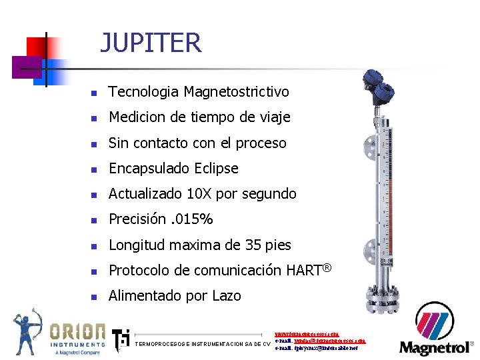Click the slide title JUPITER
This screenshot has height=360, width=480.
tap(151, 43)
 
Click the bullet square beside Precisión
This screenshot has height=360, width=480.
tap(94, 220)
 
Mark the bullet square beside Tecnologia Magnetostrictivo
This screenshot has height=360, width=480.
tap(94, 93)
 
